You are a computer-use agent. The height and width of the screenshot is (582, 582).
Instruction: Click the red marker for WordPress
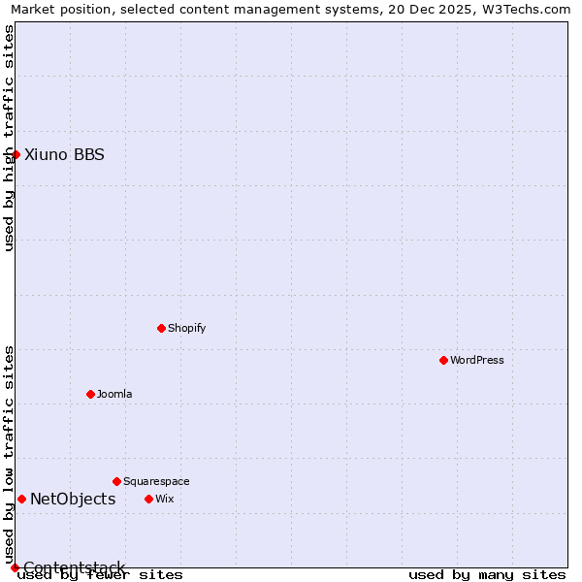pyautogui.click(x=443, y=360)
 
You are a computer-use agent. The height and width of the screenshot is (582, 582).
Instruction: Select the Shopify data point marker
pyautogui.click(x=161, y=328)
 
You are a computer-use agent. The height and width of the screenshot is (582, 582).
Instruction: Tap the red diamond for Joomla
pyautogui.click(x=90, y=394)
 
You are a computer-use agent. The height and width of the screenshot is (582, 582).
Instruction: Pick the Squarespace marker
pyautogui.click(x=116, y=481)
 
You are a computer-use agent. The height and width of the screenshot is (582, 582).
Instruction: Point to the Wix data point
pyautogui.click(x=148, y=499)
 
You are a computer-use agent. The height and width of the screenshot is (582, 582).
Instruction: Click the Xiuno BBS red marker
pyautogui.click(x=16, y=154)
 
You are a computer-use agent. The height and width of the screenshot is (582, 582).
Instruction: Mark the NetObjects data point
pyautogui.click(x=21, y=499)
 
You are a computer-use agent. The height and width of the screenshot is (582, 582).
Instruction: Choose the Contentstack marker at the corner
pyautogui.click(x=15, y=567)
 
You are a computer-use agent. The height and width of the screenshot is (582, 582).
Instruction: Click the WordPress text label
pyautogui.click(x=477, y=360)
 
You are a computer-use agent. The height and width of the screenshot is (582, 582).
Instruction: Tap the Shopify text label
pyautogui.click(x=187, y=328)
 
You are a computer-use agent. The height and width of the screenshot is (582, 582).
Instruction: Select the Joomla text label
pyautogui.click(x=114, y=394)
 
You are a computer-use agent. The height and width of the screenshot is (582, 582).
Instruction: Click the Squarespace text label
pyautogui.click(x=156, y=481)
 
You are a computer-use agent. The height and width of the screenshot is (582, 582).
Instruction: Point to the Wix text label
pyautogui.click(x=165, y=499)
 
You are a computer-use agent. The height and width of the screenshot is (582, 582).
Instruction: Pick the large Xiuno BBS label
pyautogui.click(x=64, y=154)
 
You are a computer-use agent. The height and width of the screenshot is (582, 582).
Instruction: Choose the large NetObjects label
pyautogui.click(x=73, y=499)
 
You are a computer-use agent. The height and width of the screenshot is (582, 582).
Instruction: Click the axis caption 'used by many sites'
pyautogui.click(x=487, y=575)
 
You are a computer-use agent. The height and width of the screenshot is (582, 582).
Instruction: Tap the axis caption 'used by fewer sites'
pyautogui.click(x=100, y=575)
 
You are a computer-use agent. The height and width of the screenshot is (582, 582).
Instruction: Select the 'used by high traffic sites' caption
pyautogui.click(x=9, y=138)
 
